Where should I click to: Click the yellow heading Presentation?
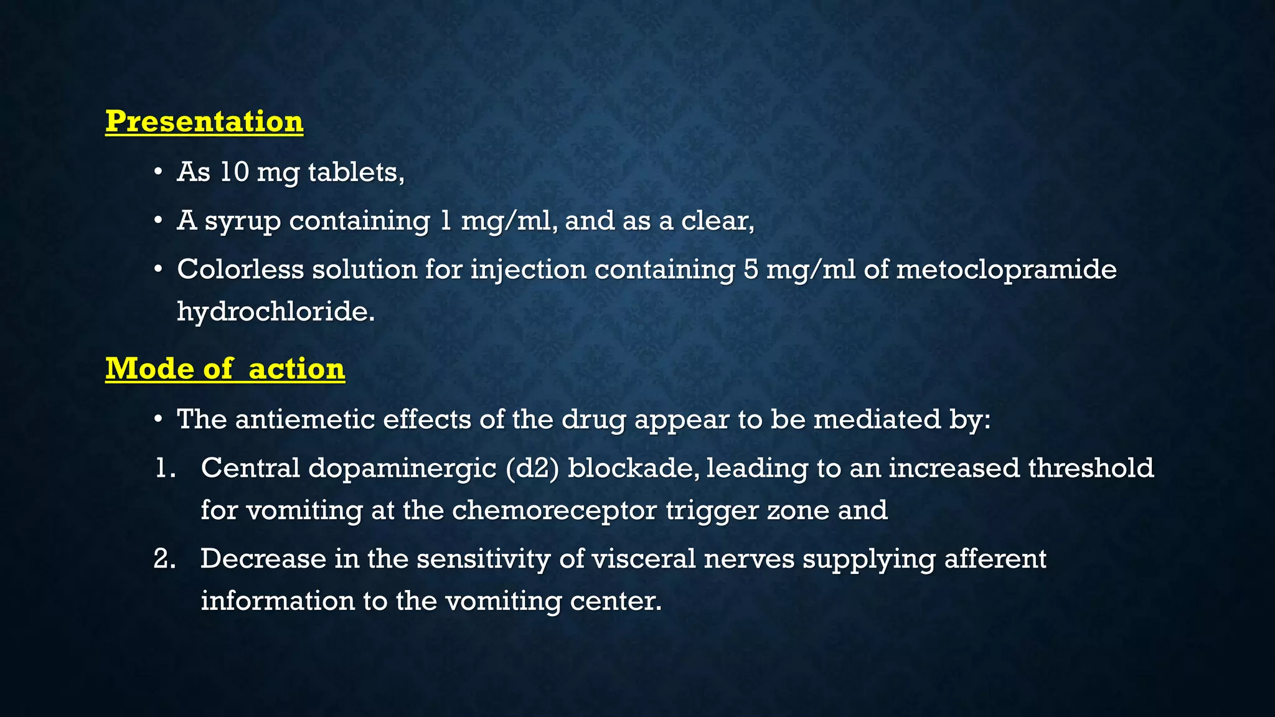(x=204, y=121)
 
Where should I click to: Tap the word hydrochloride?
(x=276, y=311)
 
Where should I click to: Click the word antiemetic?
(x=304, y=419)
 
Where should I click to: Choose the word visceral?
(x=643, y=558)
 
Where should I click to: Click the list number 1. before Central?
(x=165, y=468)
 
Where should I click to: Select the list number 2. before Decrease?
(x=165, y=558)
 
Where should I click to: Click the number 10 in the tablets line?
(x=234, y=172)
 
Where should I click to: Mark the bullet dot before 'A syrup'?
(x=159, y=221)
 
